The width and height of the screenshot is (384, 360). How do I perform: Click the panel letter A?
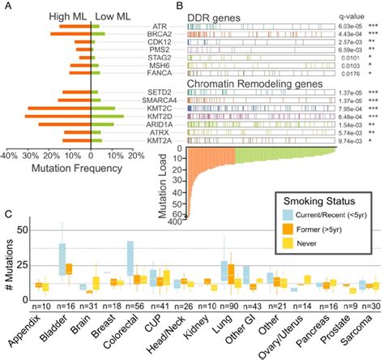coord(6,6)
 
